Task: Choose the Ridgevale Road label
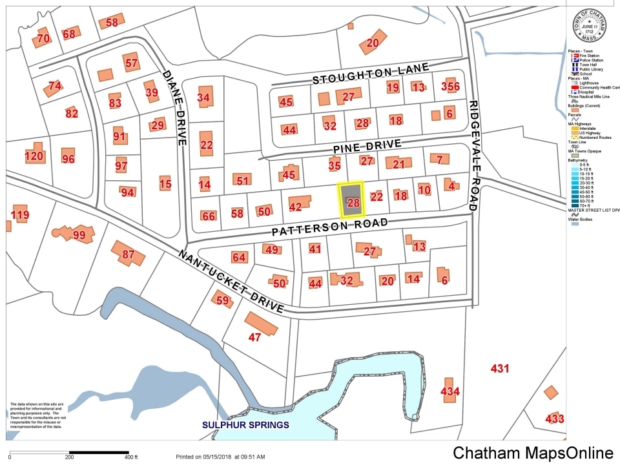pos(473,155)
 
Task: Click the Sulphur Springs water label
pos(245,425)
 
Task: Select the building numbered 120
pos(34,156)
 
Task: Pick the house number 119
pos(20,214)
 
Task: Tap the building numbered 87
pos(128,254)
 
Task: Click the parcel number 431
pos(501,369)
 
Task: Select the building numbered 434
pos(449,391)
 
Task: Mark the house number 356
pos(449,87)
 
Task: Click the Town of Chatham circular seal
pos(590,26)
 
